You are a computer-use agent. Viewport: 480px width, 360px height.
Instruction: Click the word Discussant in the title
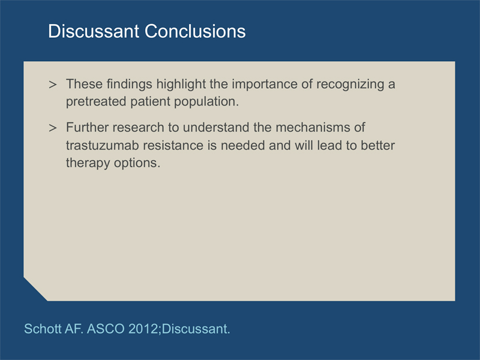pyautogui.click(x=94, y=31)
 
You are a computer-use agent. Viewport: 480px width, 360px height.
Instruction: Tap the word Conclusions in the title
pyautogui.click(x=195, y=31)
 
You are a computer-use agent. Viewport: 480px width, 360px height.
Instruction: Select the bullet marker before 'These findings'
pyautogui.click(x=53, y=85)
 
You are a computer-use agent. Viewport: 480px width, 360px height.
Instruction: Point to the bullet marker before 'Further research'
pyautogui.click(x=53, y=128)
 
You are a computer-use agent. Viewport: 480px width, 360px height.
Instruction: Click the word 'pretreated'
pyautogui.click(x=96, y=101)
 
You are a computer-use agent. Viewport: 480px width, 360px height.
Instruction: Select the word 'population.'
pyautogui.click(x=206, y=101)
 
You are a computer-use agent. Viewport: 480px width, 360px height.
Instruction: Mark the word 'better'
pyautogui.click(x=378, y=145)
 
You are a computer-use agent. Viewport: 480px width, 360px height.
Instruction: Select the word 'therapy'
pyautogui.click(x=88, y=163)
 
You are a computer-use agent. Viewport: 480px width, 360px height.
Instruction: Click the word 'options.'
pyautogui.click(x=137, y=163)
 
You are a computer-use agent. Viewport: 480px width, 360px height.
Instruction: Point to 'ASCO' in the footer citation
pyautogui.click(x=106, y=329)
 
